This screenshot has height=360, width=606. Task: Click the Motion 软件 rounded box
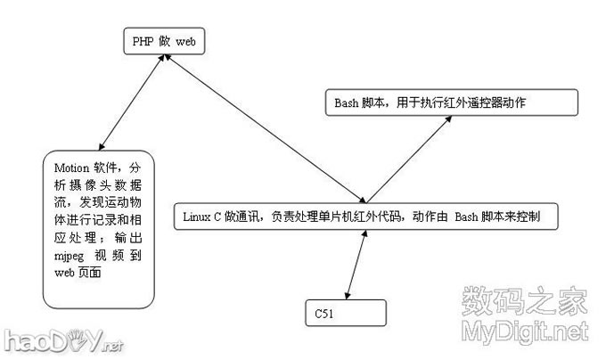coord(98,228)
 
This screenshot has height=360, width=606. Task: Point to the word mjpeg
coord(71,256)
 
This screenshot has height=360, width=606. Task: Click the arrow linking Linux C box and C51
coord(356,264)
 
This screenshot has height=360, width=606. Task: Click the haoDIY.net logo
coord(62,340)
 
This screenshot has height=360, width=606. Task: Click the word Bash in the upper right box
coord(348,102)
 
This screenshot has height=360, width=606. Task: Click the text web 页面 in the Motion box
coord(78,274)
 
